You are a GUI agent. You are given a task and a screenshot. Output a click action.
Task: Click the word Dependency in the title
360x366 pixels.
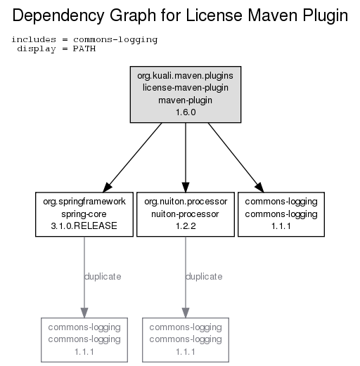click(x=58, y=16)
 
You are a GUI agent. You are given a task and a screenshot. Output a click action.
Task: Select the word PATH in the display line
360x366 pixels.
click(x=84, y=48)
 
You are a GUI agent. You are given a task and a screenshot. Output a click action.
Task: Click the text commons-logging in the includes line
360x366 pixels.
click(x=115, y=40)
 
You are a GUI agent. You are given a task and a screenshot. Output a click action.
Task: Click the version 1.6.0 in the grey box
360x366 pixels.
click(x=186, y=112)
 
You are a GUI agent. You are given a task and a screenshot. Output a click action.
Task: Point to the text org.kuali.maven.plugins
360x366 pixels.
click(x=186, y=76)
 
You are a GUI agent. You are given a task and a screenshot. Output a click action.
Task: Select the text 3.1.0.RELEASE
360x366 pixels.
click(x=84, y=226)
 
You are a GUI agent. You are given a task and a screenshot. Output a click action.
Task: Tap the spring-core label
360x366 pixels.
click(x=84, y=214)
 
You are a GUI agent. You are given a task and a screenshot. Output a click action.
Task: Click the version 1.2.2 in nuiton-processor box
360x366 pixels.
click(x=186, y=226)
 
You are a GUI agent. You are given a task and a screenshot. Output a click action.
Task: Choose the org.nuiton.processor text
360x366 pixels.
click(x=186, y=202)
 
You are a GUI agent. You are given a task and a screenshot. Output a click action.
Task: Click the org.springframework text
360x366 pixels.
click(x=84, y=202)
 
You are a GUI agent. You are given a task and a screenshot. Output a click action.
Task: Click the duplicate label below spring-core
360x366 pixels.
click(x=103, y=277)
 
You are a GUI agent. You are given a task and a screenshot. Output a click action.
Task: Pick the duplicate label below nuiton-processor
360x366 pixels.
click(x=204, y=277)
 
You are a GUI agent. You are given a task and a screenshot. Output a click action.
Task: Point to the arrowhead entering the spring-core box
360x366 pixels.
click(x=108, y=188)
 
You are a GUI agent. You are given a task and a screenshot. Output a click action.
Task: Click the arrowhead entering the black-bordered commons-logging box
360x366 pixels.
click(x=259, y=188)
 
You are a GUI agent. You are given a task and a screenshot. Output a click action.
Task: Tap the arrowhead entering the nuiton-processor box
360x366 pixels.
click(x=186, y=188)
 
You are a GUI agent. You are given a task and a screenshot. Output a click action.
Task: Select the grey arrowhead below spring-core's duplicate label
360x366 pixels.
click(x=84, y=313)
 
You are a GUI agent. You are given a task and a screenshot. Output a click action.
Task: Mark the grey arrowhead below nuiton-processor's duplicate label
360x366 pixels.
click(x=186, y=313)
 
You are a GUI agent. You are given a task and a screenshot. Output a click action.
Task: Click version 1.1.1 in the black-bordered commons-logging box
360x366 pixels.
click(x=281, y=226)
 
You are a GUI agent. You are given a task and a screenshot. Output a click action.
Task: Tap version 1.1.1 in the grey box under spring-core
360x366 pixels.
click(x=84, y=352)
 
